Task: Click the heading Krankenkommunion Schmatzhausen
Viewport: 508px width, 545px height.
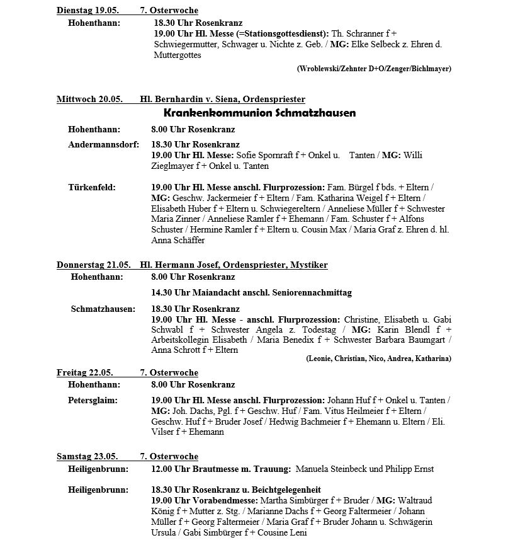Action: coord(259,113)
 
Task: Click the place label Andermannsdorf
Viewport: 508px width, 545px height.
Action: coord(103,144)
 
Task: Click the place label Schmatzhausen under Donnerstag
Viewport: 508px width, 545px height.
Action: coord(103,309)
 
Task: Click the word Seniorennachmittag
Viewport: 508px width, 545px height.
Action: coord(310,293)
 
